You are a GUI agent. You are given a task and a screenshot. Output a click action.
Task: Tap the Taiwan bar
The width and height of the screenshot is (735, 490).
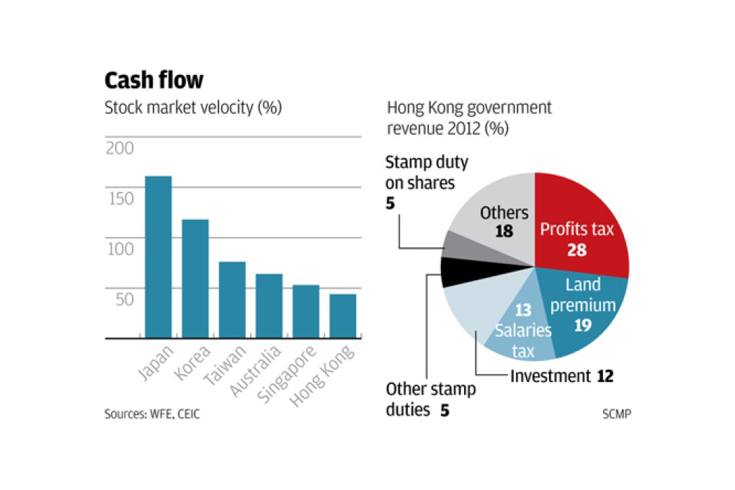pyautogui.click(x=232, y=300)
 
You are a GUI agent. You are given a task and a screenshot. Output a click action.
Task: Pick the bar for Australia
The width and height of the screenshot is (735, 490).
pyautogui.click(x=269, y=306)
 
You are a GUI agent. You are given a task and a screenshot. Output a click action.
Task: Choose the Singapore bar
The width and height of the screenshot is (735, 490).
pyautogui.click(x=306, y=311)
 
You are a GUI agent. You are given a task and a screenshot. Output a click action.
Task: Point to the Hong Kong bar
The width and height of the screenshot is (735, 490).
pyautogui.click(x=342, y=316)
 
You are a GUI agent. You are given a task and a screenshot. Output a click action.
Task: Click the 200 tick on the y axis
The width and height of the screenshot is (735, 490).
pyautogui.click(x=120, y=148)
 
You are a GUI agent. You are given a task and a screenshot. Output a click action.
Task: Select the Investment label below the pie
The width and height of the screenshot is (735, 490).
pyautogui.click(x=551, y=375)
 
